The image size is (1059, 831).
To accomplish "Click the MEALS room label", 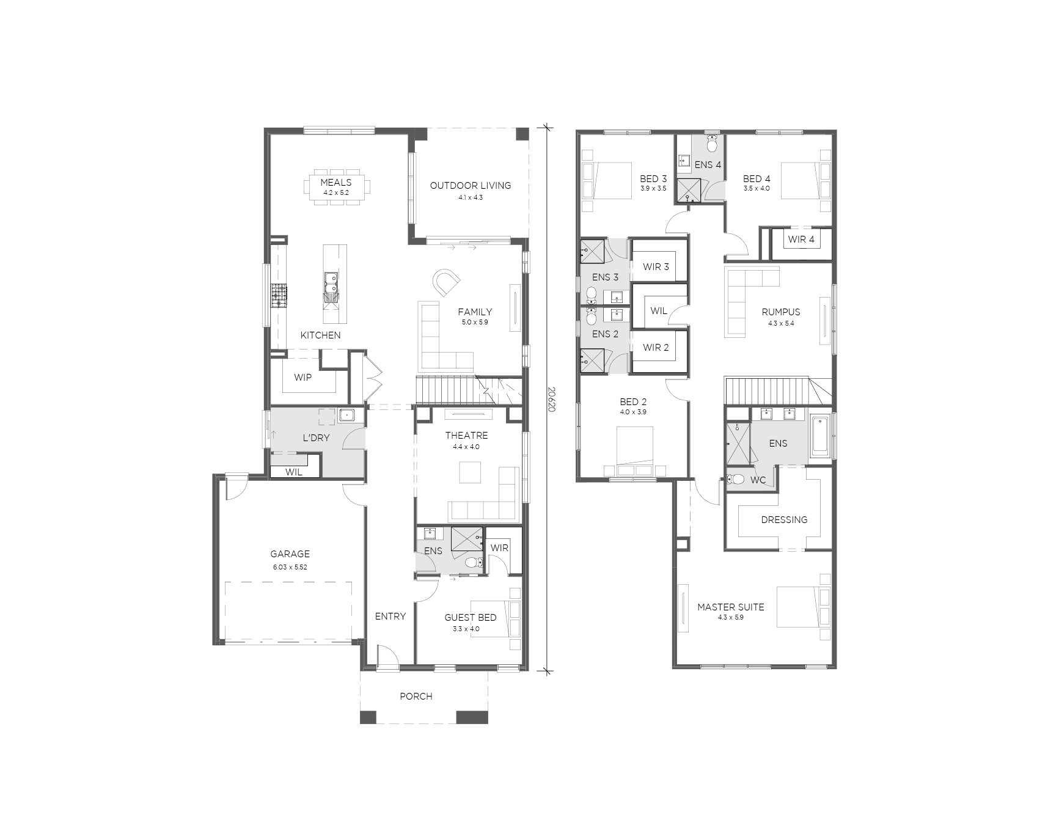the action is (335, 182).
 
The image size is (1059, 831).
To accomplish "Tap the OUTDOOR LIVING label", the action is (470, 185).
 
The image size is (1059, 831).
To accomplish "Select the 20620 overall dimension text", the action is (551, 398).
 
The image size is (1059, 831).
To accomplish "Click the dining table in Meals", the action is (336, 187).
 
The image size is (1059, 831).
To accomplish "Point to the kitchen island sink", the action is (331, 287).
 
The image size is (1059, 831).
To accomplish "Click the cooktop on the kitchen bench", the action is (279, 296).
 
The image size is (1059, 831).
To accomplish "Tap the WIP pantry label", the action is (302, 377).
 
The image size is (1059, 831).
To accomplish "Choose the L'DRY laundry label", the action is (316, 437).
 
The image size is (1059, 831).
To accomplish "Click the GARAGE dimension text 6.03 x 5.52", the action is (290, 567).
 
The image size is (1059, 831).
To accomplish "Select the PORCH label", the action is (416, 696).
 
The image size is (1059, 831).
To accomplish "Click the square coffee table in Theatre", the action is (470, 472).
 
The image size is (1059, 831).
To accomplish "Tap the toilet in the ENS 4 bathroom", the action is (712, 144).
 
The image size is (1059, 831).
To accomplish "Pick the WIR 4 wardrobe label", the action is (801, 239).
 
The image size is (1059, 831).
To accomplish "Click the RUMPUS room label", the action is (780, 312).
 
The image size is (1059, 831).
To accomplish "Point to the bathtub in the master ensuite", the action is (819, 436).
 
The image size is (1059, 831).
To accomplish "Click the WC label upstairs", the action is (758, 480).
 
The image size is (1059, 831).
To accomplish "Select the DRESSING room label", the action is (784, 519).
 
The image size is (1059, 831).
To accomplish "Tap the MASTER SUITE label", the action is (730, 607).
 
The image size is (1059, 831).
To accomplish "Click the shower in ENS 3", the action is (592, 251).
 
